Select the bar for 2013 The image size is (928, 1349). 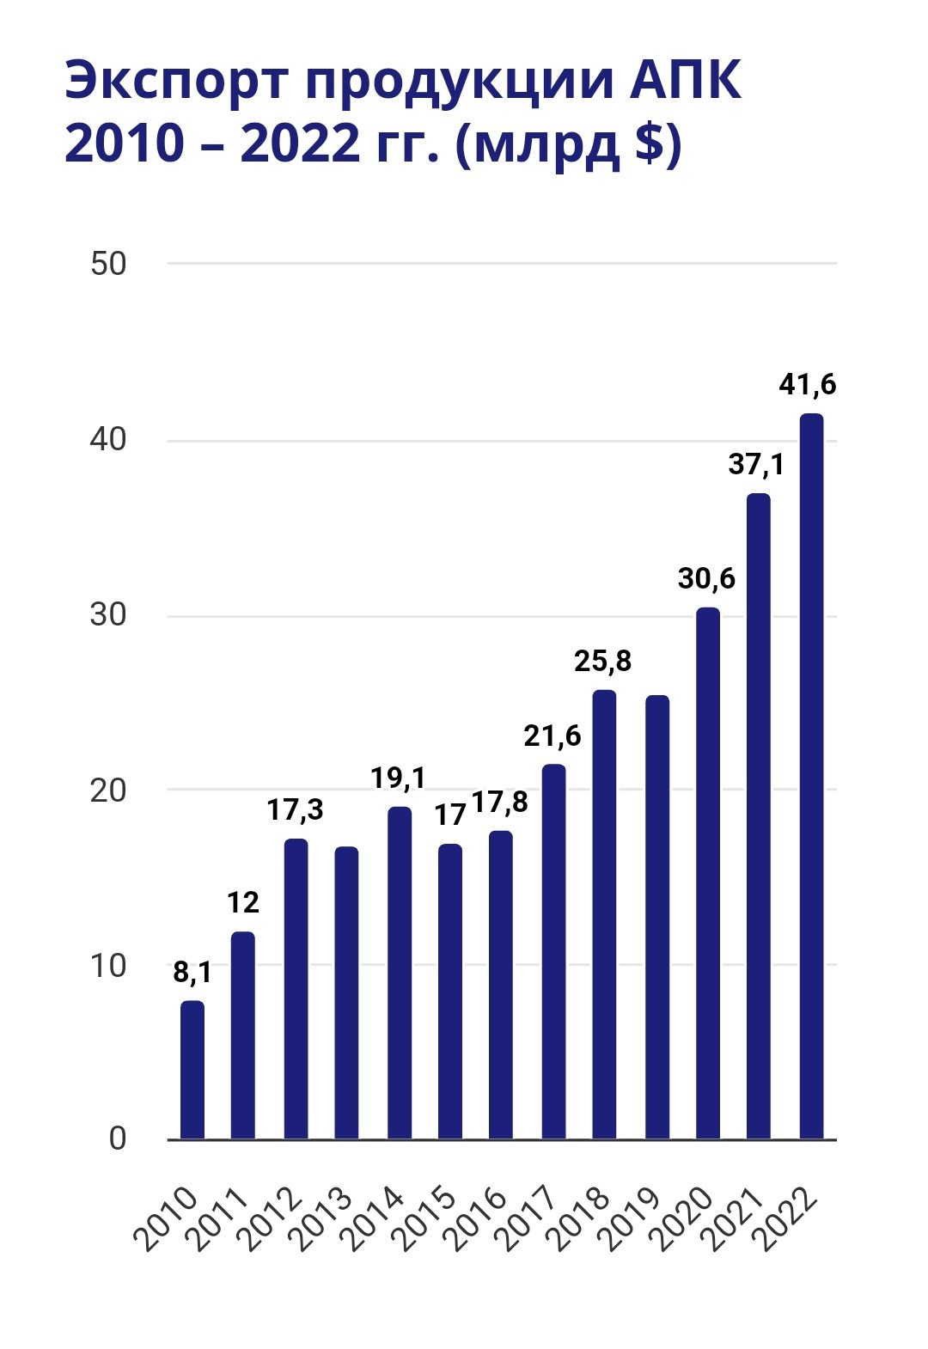click(346, 992)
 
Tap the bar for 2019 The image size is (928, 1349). click(657, 917)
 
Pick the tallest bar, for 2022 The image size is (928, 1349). click(811, 776)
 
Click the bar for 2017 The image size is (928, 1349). click(553, 951)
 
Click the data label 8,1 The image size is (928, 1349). click(192, 973)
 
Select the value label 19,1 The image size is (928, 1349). click(398, 778)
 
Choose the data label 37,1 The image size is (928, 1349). click(756, 464)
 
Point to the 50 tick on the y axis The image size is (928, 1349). click(108, 264)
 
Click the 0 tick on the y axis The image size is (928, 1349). click(118, 1138)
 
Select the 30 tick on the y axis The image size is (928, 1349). click(108, 615)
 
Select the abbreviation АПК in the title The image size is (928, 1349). click(686, 79)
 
